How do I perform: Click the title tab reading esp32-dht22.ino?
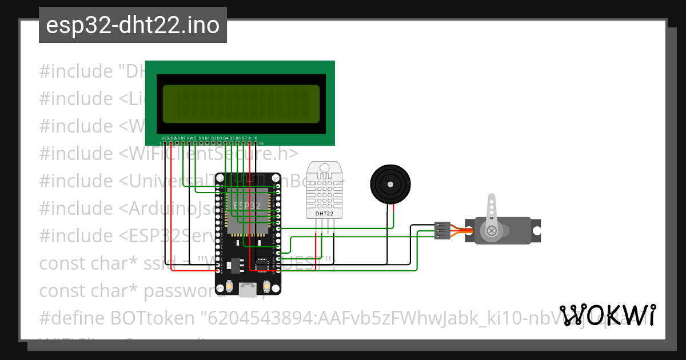pos(133,25)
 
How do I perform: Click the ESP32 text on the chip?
pos(248,205)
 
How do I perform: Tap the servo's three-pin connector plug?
pos(442,230)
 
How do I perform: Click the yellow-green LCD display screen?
pos(241,104)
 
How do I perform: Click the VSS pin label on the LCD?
pos(166,138)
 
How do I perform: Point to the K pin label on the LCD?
pos(256,138)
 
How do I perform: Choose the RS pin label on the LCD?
pos(183,138)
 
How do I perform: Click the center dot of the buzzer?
pos(390,184)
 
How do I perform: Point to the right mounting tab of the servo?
pos(536,230)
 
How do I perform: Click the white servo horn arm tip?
pos(490,199)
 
